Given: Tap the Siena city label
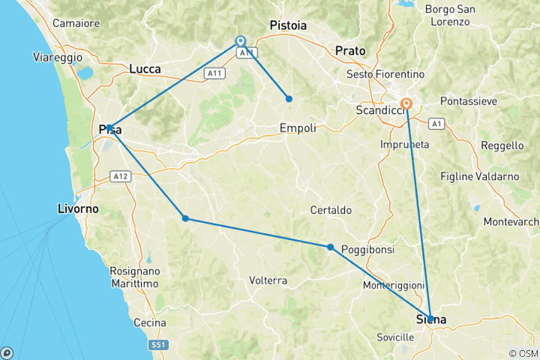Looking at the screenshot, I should (x=430, y=320).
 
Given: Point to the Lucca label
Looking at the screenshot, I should (x=145, y=68).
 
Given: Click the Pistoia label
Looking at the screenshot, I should (x=288, y=25).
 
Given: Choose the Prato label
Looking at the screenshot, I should (x=350, y=51).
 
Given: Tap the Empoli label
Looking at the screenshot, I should (x=298, y=127).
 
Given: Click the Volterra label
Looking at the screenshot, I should (x=268, y=280).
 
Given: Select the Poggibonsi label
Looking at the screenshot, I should (x=364, y=249).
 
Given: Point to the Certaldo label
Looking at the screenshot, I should (x=331, y=210).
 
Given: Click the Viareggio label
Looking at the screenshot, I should (x=53, y=57).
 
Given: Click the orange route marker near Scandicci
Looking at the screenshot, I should (x=406, y=104).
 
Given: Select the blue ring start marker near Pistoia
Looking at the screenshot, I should (x=241, y=42).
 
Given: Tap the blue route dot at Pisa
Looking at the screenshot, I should (x=109, y=127).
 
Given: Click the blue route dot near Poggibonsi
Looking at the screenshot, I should (x=330, y=247).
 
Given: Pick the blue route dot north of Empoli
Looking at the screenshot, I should (x=289, y=99).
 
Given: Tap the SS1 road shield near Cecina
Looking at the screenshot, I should (x=159, y=343).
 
